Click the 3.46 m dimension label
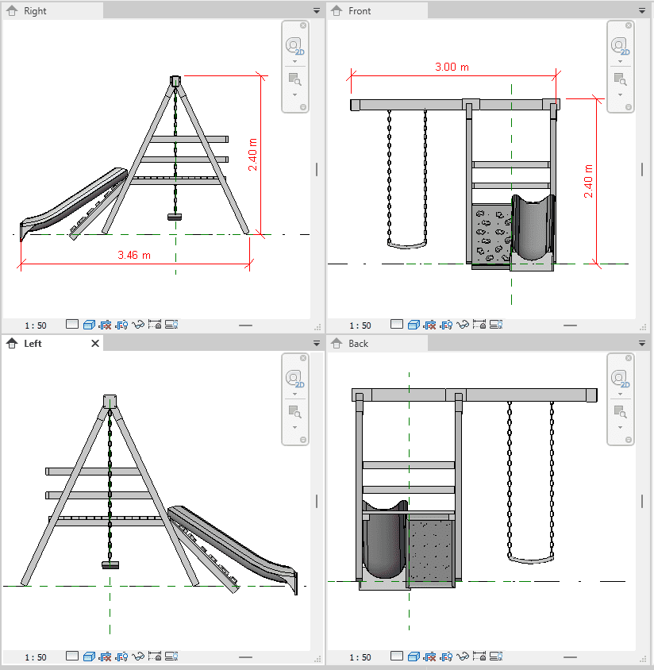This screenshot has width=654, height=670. click(x=134, y=255)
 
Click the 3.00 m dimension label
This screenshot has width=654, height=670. click(x=452, y=67)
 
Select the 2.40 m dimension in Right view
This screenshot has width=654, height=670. click(x=252, y=154)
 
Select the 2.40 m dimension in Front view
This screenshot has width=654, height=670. click(x=588, y=181)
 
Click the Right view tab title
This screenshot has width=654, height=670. click(x=35, y=11)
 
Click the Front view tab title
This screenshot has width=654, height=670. click(x=360, y=11)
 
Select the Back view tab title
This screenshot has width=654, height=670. click(x=359, y=344)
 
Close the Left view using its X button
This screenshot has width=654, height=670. click(x=95, y=344)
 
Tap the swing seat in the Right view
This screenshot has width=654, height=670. click(x=175, y=217)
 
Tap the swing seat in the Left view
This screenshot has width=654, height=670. click(x=110, y=565)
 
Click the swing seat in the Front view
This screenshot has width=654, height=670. click(x=407, y=245)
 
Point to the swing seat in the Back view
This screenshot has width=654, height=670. click(x=530, y=560)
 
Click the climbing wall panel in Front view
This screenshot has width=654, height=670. click(x=491, y=233)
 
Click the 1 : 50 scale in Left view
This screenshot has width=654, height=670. click(x=36, y=657)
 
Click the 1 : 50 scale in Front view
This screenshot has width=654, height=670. click(x=360, y=325)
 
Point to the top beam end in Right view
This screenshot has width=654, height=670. click(x=175, y=81)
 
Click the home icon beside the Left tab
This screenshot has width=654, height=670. click(x=12, y=343)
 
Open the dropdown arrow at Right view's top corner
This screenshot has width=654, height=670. click(x=317, y=10)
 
